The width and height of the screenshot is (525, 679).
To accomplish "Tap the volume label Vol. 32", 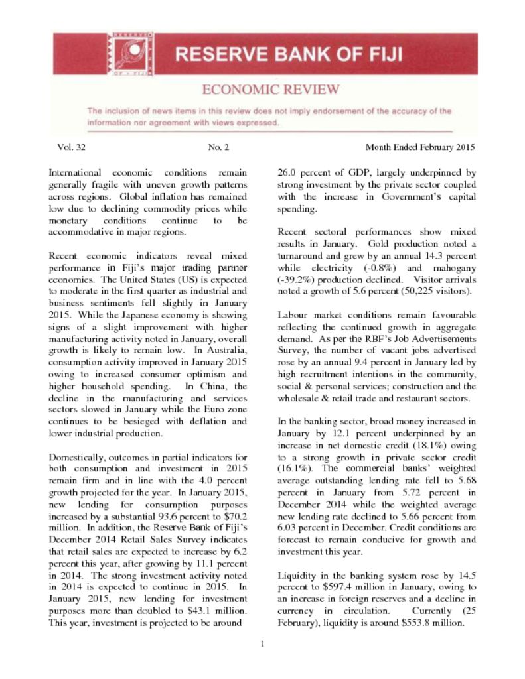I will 71,147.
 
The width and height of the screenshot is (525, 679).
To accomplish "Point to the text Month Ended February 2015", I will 420,147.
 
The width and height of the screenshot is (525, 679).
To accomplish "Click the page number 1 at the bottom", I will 263,641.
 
